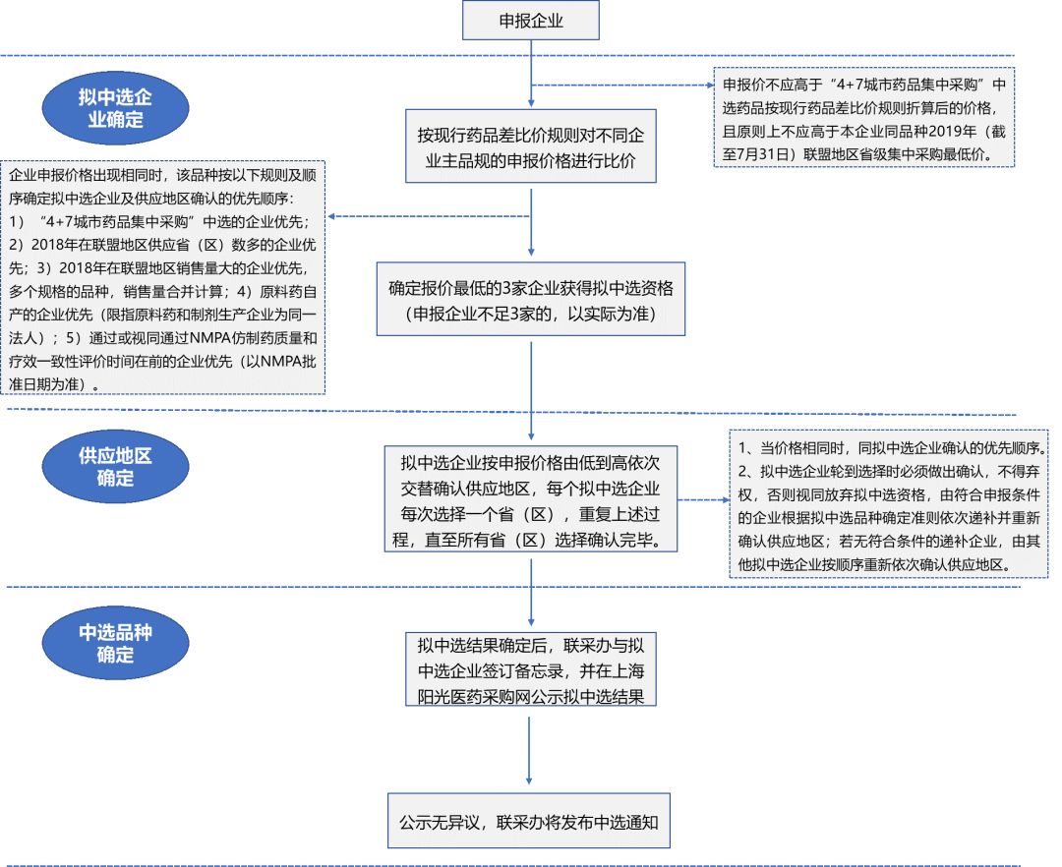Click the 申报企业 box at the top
pyautogui.click(x=531, y=21)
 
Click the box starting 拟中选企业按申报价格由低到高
pyautogui.click(x=531, y=500)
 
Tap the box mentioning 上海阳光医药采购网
pyautogui.click(x=531, y=670)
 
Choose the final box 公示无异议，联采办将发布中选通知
pyautogui.click(x=531, y=820)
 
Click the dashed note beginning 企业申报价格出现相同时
pyautogui.click(x=163, y=278)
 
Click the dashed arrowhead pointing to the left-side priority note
pyautogui.click(x=334, y=217)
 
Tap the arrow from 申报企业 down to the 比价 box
pyautogui.click(x=531, y=74)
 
